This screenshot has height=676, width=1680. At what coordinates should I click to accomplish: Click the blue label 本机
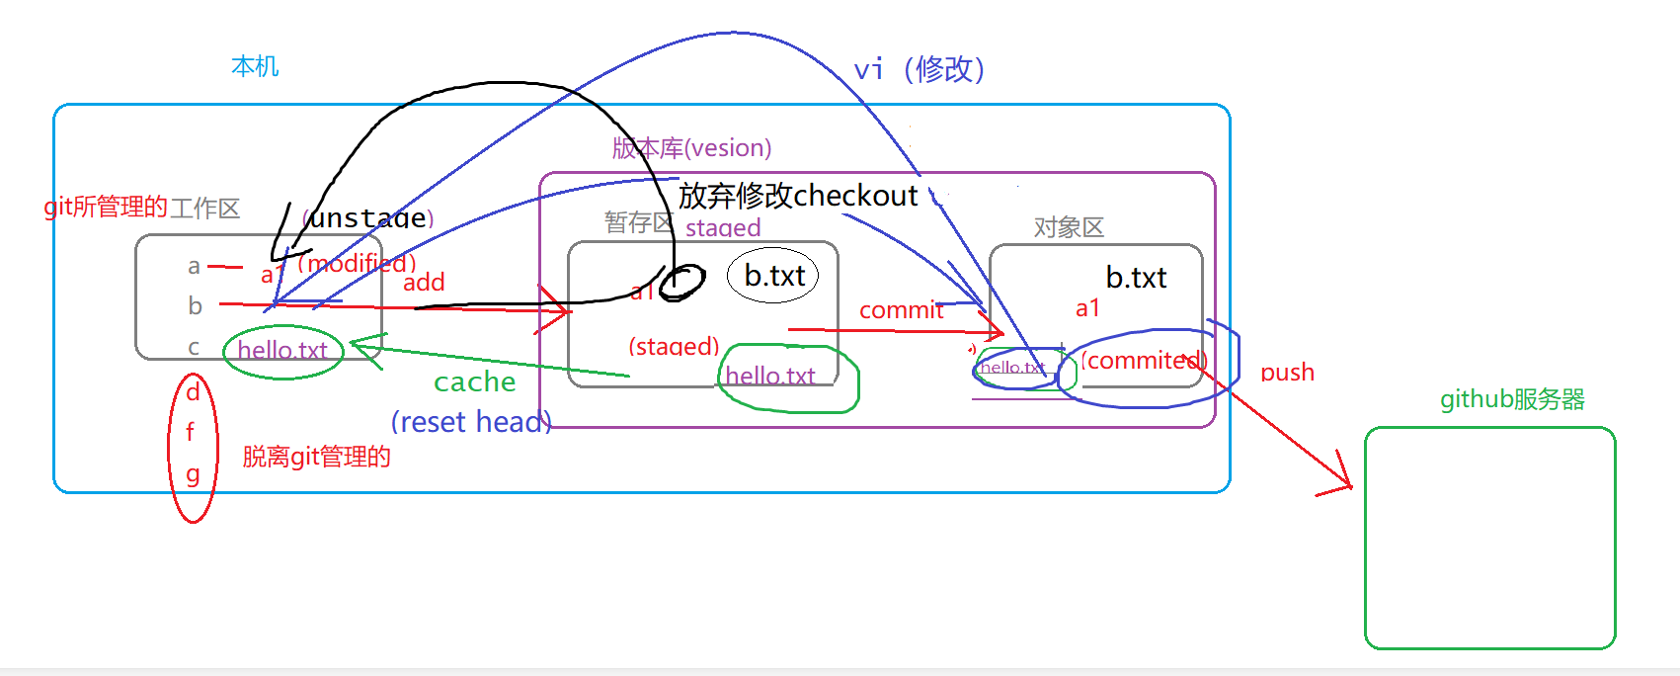[x=255, y=66]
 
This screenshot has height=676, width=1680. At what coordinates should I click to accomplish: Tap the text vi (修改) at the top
[x=919, y=69]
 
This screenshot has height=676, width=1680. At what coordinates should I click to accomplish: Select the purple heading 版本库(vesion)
[x=691, y=148]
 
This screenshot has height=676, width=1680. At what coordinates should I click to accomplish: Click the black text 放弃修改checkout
[x=798, y=196]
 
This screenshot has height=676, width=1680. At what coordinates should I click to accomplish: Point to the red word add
[x=424, y=283]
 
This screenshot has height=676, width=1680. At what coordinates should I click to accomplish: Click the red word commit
[x=901, y=310]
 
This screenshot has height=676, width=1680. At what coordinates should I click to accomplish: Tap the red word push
[x=1287, y=373]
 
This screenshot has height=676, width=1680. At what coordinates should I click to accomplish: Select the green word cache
[x=474, y=382]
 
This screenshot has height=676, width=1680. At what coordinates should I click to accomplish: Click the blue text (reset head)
[x=470, y=422]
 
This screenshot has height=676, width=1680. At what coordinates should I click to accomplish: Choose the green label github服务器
[x=1512, y=399]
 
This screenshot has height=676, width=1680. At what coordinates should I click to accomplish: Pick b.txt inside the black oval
[x=774, y=276]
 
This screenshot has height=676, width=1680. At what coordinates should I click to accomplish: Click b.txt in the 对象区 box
[x=1136, y=278]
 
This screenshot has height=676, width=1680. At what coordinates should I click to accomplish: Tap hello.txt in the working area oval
[x=282, y=351]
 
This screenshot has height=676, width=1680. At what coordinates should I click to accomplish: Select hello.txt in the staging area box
[x=770, y=377]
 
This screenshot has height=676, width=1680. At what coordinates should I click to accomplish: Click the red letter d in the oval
[x=193, y=392]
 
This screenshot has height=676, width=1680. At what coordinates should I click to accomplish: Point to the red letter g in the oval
[x=193, y=474]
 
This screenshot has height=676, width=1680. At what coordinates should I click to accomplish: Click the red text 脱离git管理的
[x=316, y=457]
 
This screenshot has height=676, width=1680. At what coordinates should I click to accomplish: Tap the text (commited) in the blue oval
[x=1144, y=361]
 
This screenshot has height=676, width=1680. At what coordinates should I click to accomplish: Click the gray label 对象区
[x=1069, y=228]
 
